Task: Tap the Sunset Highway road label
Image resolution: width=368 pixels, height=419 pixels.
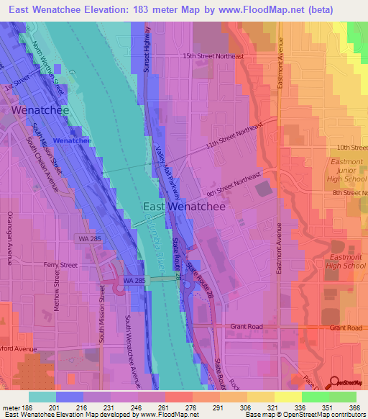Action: [x=149, y=51]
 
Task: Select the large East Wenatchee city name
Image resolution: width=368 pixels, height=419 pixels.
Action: [x=184, y=206]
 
